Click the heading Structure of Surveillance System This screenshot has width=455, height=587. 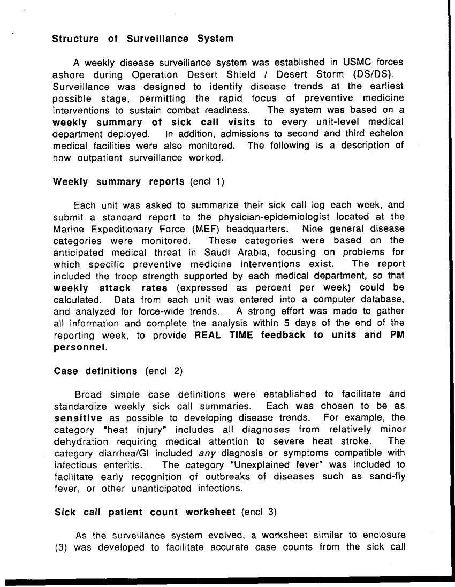pyautogui.click(x=143, y=39)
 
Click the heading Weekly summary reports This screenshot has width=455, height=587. pyautogui.click(x=119, y=181)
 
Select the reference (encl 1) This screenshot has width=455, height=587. pyautogui.click(x=208, y=181)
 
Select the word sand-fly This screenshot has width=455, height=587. pyautogui.click(x=386, y=477)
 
